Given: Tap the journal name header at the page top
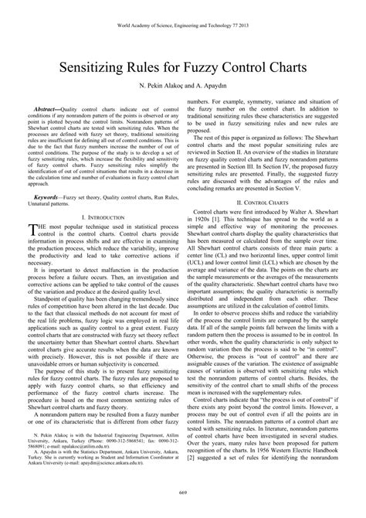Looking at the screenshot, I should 183,19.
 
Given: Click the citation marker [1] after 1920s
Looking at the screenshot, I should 219,220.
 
